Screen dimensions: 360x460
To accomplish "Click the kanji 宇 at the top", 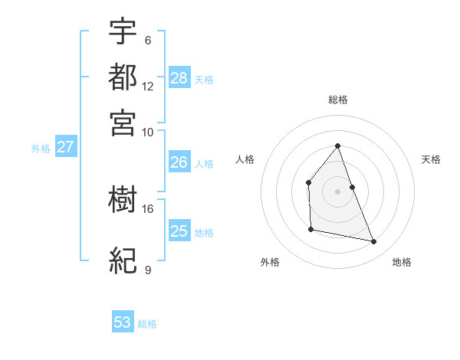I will tap(123, 31).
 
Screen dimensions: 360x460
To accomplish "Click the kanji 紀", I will tap(123, 260).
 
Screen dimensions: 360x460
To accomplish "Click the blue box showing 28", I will tap(179, 78).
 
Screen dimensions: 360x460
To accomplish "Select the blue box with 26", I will tap(179, 162).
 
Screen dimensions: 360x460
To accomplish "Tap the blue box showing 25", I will tap(179, 231).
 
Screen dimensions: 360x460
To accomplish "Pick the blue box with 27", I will tap(65, 147).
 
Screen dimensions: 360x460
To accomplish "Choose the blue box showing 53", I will tap(123, 322).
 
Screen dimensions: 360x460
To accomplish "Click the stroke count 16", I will tap(148, 208).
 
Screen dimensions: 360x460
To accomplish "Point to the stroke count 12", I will tap(148, 87).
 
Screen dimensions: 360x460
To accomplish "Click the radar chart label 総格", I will tap(338, 100).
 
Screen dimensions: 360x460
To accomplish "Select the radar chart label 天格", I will tap(432, 159).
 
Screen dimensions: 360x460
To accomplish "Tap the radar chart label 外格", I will tap(270, 262).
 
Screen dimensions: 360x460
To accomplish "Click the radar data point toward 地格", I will tap(374, 242).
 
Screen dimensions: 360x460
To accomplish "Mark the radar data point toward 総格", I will tap(338, 146).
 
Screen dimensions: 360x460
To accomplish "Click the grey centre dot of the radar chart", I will tap(338, 191).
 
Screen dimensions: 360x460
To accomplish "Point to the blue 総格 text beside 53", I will tap(147, 324).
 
